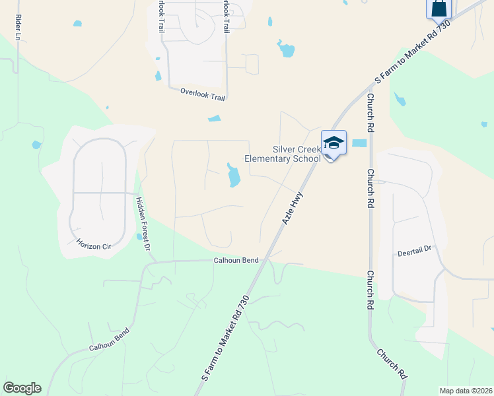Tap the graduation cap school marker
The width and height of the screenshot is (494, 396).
[334, 143]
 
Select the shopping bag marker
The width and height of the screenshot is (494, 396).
[439, 8]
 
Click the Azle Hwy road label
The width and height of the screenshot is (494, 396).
[293, 208]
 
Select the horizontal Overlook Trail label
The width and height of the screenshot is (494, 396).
[203, 94]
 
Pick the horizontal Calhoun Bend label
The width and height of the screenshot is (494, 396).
[235, 261]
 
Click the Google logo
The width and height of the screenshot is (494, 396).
[22, 388]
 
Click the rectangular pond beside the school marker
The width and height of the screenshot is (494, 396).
[359, 143]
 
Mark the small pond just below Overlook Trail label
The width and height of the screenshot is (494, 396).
[215, 119]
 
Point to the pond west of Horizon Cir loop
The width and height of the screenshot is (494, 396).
[36, 145]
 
